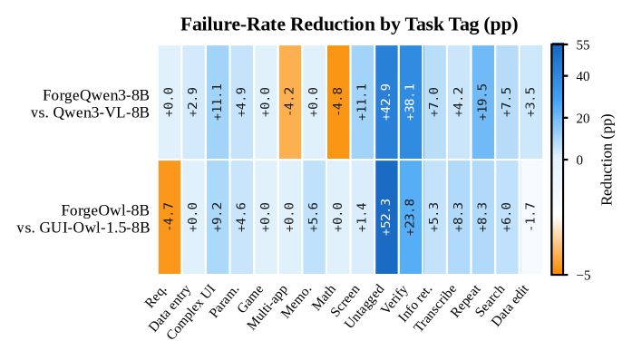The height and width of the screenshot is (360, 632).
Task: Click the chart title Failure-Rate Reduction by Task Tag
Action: click(x=349, y=24)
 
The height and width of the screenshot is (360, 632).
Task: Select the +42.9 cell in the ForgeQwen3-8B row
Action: click(x=386, y=102)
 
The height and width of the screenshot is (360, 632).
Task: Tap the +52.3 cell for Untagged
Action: click(x=386, y=218)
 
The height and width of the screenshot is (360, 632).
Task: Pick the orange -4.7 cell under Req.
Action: click(x=170, y=218)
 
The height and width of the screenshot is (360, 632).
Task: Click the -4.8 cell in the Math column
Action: click(x=338, y=102)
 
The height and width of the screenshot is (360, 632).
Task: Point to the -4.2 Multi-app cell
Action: click(x=290, y=102)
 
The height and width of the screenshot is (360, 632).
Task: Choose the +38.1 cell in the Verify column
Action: click(x=411, y=102)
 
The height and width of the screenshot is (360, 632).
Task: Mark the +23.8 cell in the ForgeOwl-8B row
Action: click(x=411, y=218)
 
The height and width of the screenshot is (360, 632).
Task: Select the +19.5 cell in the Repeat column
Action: click(x=483, y=102)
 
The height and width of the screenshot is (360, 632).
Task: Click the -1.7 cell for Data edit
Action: click(x=531, y=218)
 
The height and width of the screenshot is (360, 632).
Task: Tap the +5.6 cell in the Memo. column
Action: click(x=314, y=218)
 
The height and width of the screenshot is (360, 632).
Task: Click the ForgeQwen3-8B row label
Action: click(x=96, y=95)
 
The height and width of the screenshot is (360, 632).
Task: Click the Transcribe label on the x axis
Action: click(x=435, y=307)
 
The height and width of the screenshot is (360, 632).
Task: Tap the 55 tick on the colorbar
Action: click(x=583, y=45)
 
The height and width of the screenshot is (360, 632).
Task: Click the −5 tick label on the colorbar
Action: click(x=583, y=276)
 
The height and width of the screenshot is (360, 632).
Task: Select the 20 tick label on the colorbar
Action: click(x=583, y=119)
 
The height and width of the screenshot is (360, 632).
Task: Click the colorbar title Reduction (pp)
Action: click(x=607, y=160)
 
